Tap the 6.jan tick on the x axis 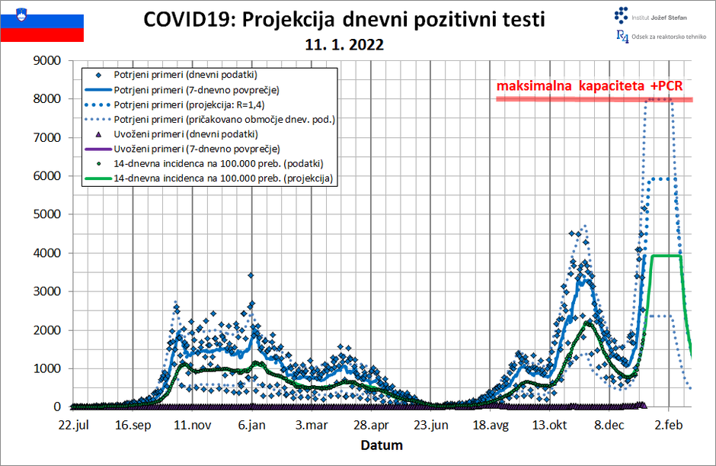[x=251, y=425]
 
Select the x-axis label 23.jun [x=430, y=425]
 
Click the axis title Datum [x=382, y=445]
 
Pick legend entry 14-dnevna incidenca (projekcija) [x=216, y=178]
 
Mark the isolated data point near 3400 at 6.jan [x=251, y=275]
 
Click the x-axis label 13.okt [x=550, y=425]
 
